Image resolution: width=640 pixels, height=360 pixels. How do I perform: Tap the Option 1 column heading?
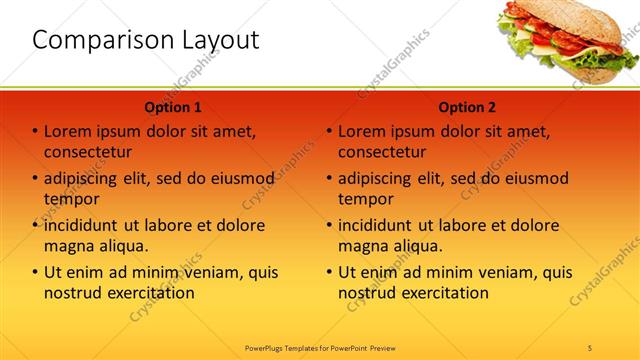click(x=173, y=107)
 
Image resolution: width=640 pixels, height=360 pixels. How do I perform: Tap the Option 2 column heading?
click(x=467, y=107)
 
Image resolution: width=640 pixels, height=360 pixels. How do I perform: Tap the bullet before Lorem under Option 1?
click(x=35, y=132)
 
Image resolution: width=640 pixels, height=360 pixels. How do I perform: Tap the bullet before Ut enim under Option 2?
click(x=329, y=272)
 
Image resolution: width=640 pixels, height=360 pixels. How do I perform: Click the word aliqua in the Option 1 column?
click(x=122, y=246)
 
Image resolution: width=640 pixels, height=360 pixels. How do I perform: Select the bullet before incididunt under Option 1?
click(x=35, y=226)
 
